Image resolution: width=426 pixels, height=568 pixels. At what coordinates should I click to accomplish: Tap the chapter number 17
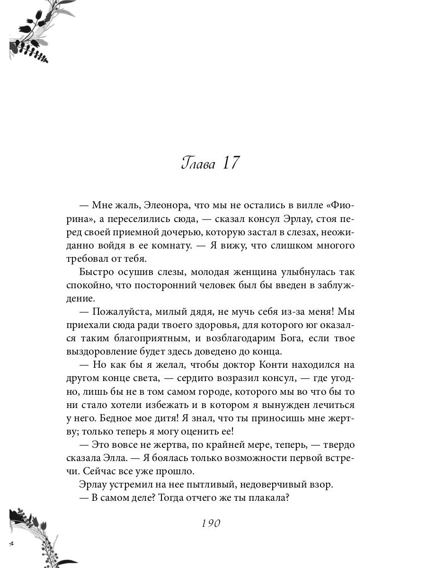click(229, 163)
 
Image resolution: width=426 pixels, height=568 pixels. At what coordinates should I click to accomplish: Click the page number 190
click(212, 524)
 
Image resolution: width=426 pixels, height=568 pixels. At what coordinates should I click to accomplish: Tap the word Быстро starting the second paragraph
click(96, 273)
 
